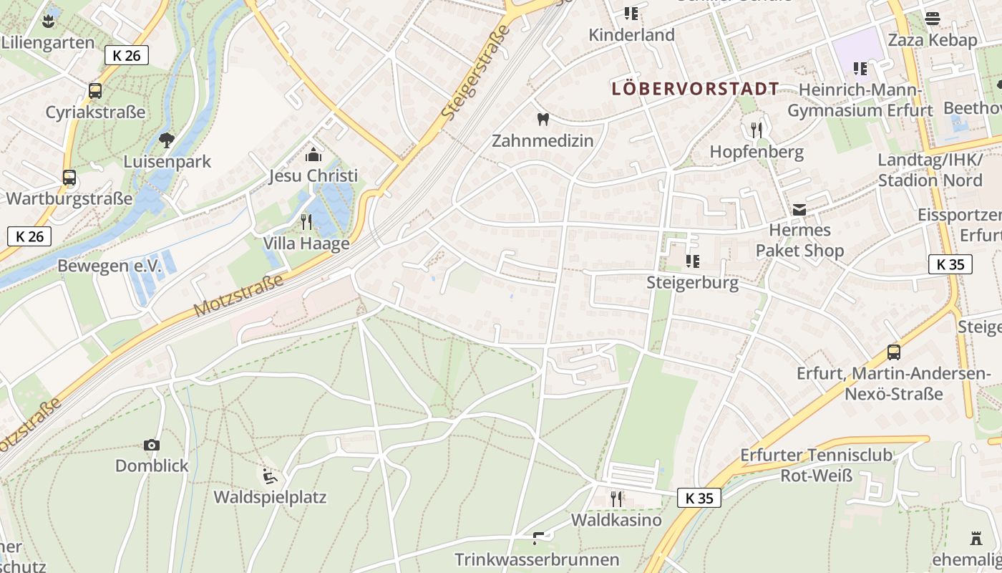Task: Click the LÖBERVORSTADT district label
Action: pyautogui.click(x=695, y=89)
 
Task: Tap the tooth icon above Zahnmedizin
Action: pyautogui.click(x=543, y=119)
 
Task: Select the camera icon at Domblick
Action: pyautogui.click(x=152, y=445)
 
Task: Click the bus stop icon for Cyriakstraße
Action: pyautogui.click(x=95, y=91)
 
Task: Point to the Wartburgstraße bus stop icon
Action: pyautogui.click(x=69, y=178)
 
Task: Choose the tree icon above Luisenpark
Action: pyautogui.click(x=167, y=140)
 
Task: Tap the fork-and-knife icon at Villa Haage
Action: pyautogui.click(x=306, y=221)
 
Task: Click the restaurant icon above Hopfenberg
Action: pyautogui.click(x=757, y=130)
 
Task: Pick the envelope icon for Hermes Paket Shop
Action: pyautogui.click(x=799, y=209)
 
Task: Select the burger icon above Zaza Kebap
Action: pyautogui.click(x=932, y=19)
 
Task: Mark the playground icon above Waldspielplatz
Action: pyautogui.click(x=270, y=476)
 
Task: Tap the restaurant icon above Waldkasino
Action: pyautogui.click(x=616, y=498)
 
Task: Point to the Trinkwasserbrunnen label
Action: pyautogui.click(x=537, y=559)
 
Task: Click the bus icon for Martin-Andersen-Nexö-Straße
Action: pyautogui.click(x=893, y=352)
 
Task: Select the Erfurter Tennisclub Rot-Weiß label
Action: pyautogui.click(x=816, y=465)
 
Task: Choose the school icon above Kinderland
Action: pyautogui.click(x=631, y=13)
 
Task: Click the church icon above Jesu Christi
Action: pyautogui.click(x=313, y=154)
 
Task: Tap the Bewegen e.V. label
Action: pyautogui.click(x=110, y=266)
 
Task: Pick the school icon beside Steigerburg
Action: pyautogui.click(x=692, y=261)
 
